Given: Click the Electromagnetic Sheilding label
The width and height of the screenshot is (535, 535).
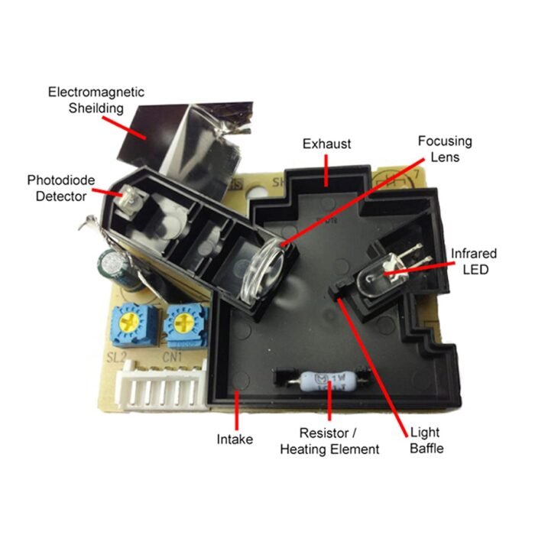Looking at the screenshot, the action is (96, 100).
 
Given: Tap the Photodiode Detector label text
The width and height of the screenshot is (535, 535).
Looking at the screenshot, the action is (61, 188).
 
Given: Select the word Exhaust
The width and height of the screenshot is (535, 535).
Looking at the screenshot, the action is (326, 144).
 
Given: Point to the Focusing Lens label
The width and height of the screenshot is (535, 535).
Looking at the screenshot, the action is (445, 149).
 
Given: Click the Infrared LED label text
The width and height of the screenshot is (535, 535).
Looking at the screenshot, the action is (474, 261).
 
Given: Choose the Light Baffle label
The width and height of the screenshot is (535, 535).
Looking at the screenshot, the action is (426, 440).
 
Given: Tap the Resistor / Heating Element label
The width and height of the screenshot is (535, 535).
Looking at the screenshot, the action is (329, 441).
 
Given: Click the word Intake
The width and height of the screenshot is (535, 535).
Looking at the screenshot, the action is (235, 439).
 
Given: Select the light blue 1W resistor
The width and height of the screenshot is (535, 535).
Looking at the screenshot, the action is (328, 381).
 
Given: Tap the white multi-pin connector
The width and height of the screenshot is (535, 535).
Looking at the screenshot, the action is (162, 385).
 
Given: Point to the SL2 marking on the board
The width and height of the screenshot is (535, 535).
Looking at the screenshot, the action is (116, 357).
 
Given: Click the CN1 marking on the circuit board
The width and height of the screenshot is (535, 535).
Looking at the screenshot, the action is (172, 357).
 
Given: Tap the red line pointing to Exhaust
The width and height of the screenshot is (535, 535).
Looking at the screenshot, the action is (326, 170).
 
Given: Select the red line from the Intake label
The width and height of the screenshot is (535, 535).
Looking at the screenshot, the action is (237, 411).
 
